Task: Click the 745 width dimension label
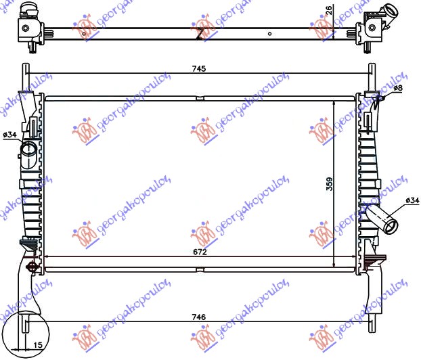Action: tap(198, 68)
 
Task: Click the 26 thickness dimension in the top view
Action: tap(329, 11)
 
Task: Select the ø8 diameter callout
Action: tap(397, 89)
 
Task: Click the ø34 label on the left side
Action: tap(9, 135)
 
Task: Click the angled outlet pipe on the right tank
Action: tap(383, 220)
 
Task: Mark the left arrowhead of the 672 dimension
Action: tap(46, 256)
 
